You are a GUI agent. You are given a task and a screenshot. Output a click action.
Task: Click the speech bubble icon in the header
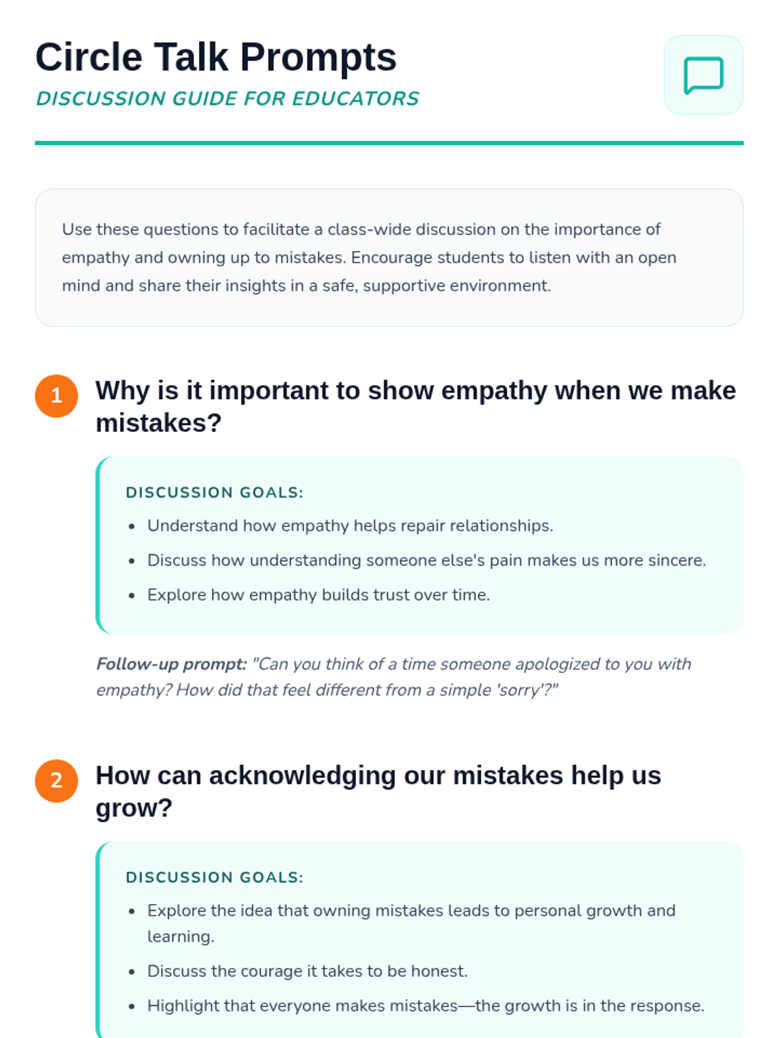tap(703, 75)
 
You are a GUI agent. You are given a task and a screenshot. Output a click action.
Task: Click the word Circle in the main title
tap(88, 57)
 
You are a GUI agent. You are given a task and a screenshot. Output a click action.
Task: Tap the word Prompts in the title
tap(318, 57)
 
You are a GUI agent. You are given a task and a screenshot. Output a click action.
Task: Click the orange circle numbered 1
tap(56, 396)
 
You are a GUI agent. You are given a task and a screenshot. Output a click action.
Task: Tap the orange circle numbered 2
tap(56, 780)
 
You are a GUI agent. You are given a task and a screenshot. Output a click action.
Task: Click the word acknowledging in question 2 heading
tap(302, 775)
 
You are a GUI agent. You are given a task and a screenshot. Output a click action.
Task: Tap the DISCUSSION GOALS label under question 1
tap(214, 492)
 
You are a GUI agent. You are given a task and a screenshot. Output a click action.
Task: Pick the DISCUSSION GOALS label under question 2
tap(214, 877)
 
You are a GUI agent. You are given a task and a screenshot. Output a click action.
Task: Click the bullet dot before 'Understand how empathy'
tap(132, 526)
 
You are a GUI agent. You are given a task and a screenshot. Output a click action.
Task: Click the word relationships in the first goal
tap(501, 525)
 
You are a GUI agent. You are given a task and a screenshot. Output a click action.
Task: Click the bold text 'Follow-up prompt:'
tap(172, 664)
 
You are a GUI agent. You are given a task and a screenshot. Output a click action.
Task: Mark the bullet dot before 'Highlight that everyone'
tap(132, 1006)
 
